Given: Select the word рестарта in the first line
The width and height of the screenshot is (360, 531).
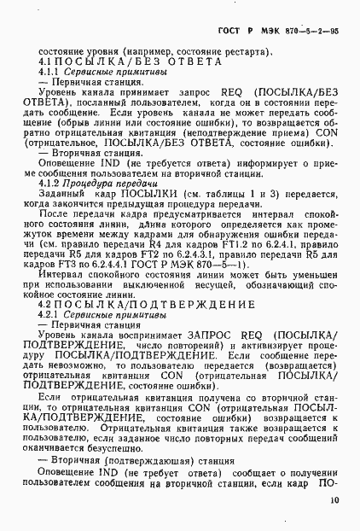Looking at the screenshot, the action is tap(247, 51).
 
